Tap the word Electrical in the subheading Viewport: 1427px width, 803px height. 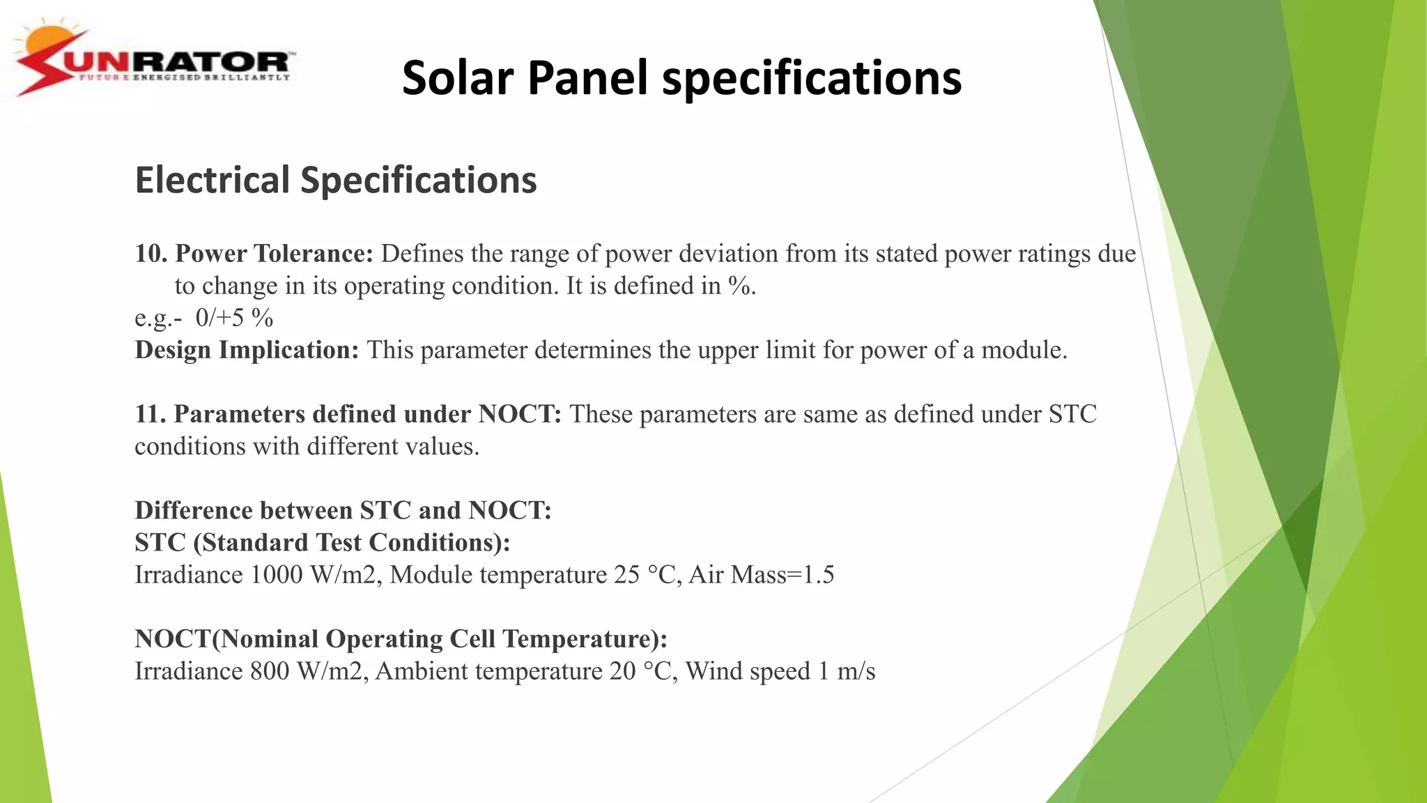212,181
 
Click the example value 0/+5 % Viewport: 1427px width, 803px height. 234,319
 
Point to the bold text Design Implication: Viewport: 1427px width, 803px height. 247,350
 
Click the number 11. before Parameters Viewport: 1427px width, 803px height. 150,414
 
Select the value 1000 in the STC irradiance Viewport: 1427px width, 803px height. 277,575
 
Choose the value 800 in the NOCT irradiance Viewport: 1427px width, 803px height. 269,671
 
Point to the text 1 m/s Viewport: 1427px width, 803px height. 847,671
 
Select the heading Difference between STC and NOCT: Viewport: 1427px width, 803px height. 343,511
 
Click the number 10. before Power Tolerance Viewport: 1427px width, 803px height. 151,254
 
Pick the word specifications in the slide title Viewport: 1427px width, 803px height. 812,77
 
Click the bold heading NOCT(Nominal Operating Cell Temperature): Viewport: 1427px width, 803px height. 401,639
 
